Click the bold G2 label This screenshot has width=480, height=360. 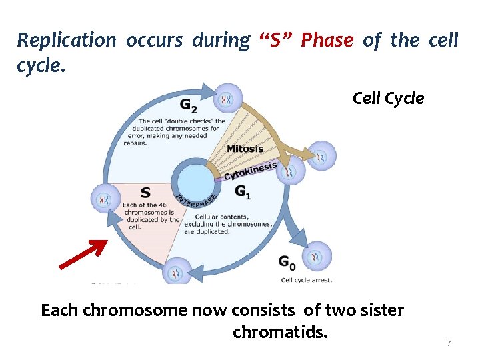click(x=189, y=104)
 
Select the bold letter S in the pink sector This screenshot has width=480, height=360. click(x=145, y=193)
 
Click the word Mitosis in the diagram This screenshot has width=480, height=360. click(x=245, y=148)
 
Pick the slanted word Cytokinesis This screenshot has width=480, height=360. click(x=250, y=171)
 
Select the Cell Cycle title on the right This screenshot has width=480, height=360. click(x=388, y=99)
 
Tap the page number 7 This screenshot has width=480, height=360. click(x=449, y=343)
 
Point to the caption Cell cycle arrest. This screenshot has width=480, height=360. click(x=306, y=280)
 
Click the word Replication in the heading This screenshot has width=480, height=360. click(x=66, y=41)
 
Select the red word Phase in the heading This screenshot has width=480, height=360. click(x=327, y=41)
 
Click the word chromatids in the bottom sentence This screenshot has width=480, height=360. click(x=280, y=331)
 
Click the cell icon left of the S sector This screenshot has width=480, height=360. click(x=105, y=199)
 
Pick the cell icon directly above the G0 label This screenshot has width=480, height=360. click(x=316, y=255)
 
